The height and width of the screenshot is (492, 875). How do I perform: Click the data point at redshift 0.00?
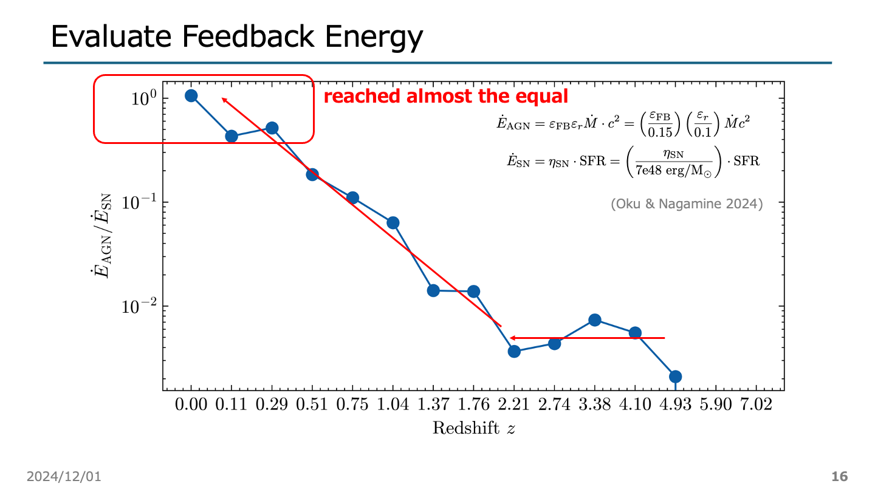[x=191, y=96]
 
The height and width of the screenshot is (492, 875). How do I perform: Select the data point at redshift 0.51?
[x=312, y=175]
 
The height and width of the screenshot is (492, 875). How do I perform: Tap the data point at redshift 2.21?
[x=514, y=351]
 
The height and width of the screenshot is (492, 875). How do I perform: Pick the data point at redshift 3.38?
[x=595, y=320]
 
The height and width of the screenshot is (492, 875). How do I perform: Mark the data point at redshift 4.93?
[x=676, y=377]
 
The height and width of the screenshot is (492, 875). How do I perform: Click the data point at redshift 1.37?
[x=433, y=290]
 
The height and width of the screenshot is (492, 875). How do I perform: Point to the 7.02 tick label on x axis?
[x=756, y=405]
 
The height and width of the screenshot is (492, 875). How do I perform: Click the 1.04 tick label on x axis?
[x=393, y=405]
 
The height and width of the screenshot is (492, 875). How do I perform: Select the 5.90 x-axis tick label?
[x=716, y=405]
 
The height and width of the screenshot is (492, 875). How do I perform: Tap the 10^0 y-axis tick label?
[x=144, y=98]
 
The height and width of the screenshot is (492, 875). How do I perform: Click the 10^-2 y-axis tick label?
[x=140, y=306]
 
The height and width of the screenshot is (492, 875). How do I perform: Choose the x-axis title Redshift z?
[x=474, y=428]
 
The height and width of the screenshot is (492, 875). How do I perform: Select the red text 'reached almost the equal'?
[x=446, y=97]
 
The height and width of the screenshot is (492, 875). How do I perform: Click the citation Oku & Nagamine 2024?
[x=687, y=204]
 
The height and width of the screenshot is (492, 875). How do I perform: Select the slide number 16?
[x=839, y=477]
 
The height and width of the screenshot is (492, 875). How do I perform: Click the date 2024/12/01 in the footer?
[x=64, y=477]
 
